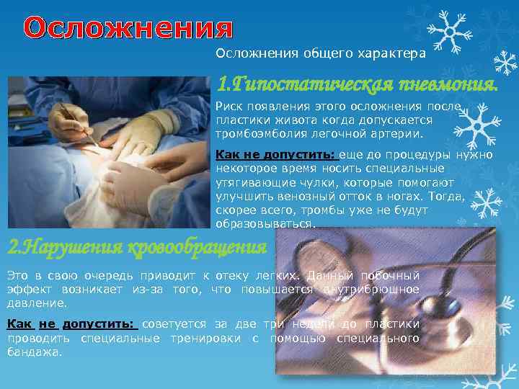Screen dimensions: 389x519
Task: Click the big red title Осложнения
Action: (x=129, y=29)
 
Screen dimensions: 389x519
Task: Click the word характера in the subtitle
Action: (x=393, y=53)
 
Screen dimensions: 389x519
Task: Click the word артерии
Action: (x=401, y=133)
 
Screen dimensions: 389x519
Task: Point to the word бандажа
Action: (x=33, y=352)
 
